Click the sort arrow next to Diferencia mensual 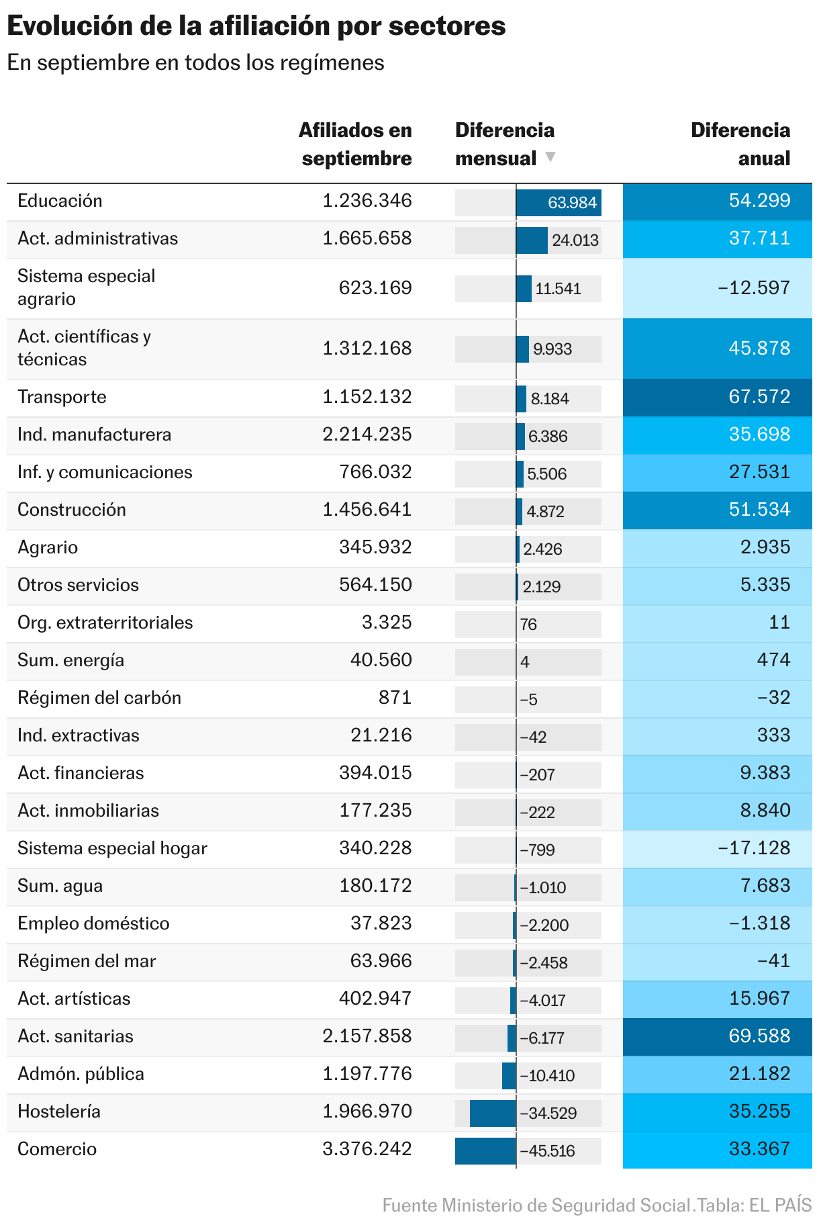tap(550, 157)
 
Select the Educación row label tap(60, 201)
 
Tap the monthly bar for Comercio tap(485, 1150)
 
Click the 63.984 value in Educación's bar tap(572, 203)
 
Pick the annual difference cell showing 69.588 tap(717, 1036)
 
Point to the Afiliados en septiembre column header tap(355, 144)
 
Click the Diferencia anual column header tap(740, 144)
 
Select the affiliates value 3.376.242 tap(367, 1149)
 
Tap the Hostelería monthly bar tap(493, 1113)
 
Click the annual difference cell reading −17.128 tap(717, 848)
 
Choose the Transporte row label tap(62, 397)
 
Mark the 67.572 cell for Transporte tap(717, 397)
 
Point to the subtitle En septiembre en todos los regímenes tap(195, 62)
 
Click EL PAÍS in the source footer tap(780, 1205)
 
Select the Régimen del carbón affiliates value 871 tap(395, 698)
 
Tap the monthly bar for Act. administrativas tap(532, 240)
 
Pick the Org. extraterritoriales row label tap(105, 623)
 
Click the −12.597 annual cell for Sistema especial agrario tap(717, 288)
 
